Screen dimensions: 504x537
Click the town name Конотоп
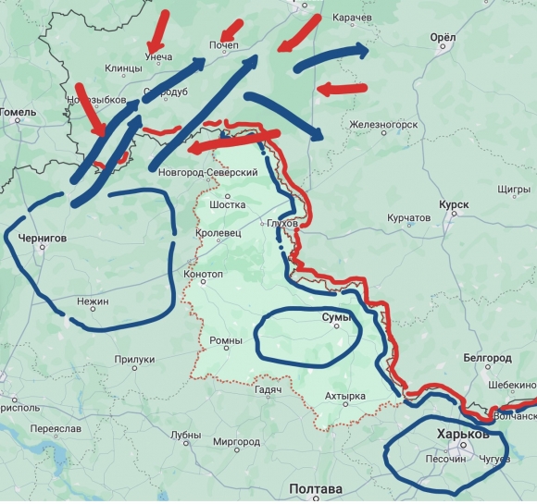tap(204, 275)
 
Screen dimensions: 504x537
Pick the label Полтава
tap(316, 488)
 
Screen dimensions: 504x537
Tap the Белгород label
tap(488, 357)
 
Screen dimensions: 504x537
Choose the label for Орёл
tap(443, 37)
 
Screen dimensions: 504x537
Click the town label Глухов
tap(281, 224)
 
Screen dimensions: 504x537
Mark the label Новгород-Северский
tap(207, 173)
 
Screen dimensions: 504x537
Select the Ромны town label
tap(225, 340)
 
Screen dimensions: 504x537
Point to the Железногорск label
tap(383, 124)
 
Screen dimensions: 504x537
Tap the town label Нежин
tap(93, 301)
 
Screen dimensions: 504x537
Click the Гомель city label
tap(18, 113)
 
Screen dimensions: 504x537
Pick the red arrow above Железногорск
tap(341, 89)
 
